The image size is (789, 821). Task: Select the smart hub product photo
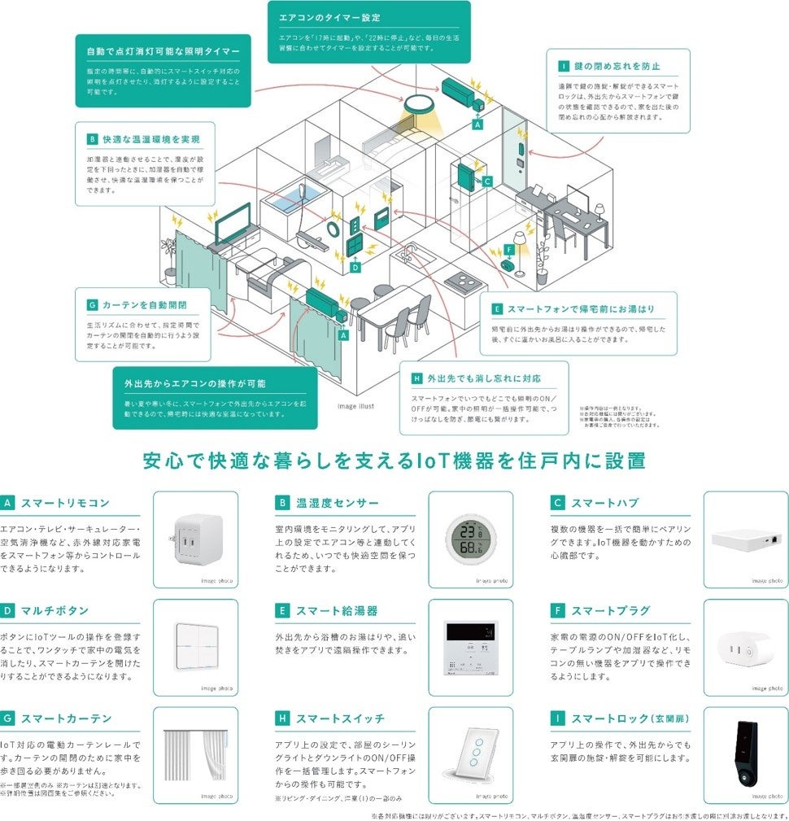(x=746, y=538)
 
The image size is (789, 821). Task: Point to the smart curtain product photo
(x=195, y=754)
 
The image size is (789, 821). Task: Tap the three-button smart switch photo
(x=470, y=754)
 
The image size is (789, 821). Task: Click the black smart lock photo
(x=746, y=754)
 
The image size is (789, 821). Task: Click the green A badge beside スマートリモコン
(x=8, y=503)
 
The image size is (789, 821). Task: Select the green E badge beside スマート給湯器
(x=282, y=610)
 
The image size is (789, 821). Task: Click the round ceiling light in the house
(x=420, y=105)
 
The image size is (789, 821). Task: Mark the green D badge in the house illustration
(x=355, y=267)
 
